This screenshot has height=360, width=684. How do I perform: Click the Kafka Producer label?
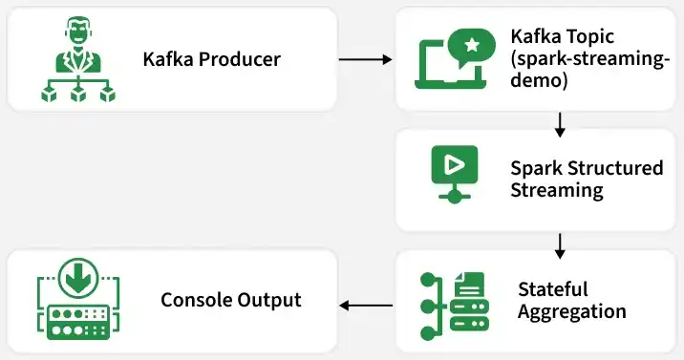point(211,59)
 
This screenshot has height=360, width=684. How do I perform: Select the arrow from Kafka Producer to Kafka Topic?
point(367,59)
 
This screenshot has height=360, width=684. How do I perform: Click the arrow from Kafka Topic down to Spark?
point(561,124)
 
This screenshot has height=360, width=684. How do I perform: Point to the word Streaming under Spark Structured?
point(556,190)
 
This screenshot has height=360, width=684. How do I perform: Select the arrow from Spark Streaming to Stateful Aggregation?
point(561,245)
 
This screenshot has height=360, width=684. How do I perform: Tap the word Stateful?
point(552,288)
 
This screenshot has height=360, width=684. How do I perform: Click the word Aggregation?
point(571,311)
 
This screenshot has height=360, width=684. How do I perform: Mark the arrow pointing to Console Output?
point(367,306)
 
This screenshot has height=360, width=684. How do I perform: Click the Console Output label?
point(230,300)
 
